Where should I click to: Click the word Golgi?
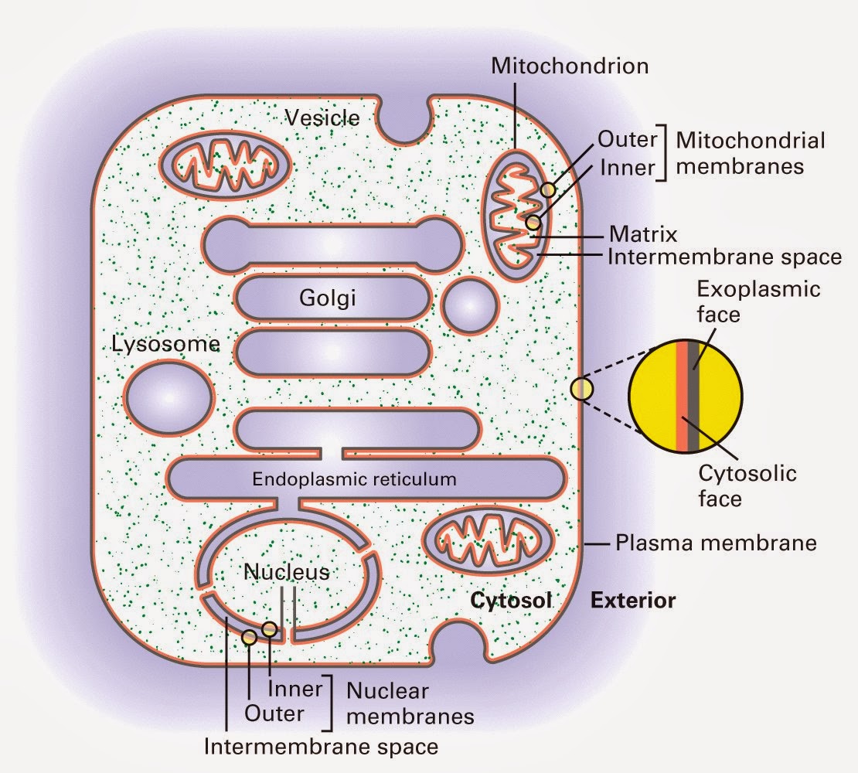click(x=330, y=298)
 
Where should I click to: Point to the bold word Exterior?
click(x=633, y=600)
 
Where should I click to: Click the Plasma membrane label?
click(x=715, y=543)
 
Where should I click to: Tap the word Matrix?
click(x=642, y=234)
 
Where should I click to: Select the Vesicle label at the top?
click(x=322, y=117)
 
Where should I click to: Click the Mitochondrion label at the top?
click(x=570, y=66)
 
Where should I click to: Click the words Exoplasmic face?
click(x=758, y=301)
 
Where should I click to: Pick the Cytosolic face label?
click(x=747, y=485)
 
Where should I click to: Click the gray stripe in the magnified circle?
click(x=694, y=396)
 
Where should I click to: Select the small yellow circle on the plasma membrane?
click(x=581, y=389)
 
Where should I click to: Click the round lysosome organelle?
click(x=168, y=399)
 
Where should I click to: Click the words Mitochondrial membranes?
click(x=749, y=153)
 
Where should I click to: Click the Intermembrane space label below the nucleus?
click(x=321, y=747)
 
